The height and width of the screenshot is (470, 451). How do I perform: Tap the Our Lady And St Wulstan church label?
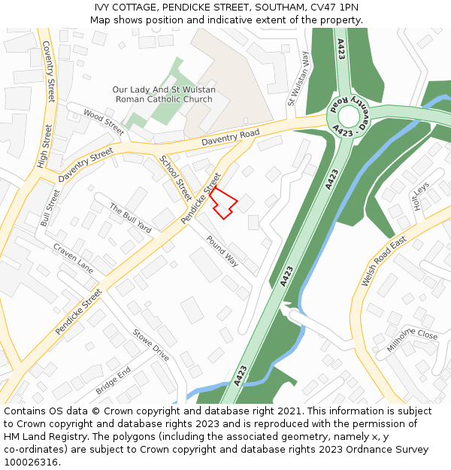[x=163, y=94]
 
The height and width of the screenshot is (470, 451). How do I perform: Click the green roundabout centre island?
[x=349, y=116]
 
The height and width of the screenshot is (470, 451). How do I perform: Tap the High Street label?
[x=44, y=146]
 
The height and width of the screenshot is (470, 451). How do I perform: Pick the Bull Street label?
[x=51, y=207]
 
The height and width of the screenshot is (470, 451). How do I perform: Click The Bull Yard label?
[x=131, y=218]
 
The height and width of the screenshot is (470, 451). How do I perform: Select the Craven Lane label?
[x=73, y=258]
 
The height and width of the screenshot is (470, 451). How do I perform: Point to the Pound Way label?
[x=222, y=251]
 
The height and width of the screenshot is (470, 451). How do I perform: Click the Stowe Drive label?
[x=151, y=345]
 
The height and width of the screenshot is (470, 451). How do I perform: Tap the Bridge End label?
[x=114, y=381]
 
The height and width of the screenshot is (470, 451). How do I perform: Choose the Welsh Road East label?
[x=383, y=260]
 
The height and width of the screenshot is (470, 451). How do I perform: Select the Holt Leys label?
[x=419, y=197]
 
